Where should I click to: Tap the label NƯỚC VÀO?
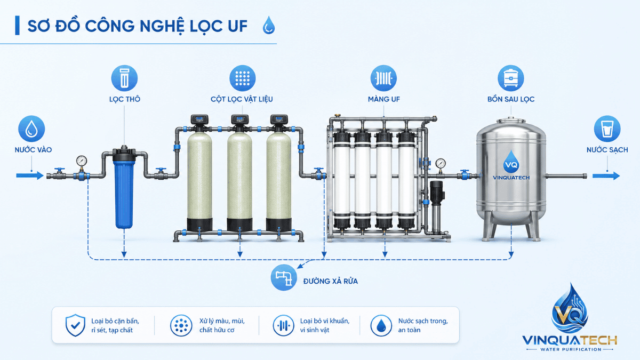point(33,150)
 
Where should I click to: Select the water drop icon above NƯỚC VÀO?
point(31,129)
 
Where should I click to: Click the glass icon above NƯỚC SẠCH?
point(607,129)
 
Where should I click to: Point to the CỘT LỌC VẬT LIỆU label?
point(242,99)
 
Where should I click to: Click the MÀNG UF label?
point(383,99)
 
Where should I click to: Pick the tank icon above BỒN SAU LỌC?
point(511,78)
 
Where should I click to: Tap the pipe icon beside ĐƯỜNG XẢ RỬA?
point(284,277)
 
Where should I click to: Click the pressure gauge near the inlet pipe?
point(82,161)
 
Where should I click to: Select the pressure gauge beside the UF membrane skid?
point(441,164)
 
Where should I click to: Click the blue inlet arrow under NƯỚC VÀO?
point(30,175)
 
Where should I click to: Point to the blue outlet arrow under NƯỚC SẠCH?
point(606,175)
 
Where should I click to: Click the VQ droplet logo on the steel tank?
point(511,162)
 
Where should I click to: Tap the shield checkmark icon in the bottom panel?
point(75,325)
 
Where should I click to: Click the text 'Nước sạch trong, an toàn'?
point(423,325)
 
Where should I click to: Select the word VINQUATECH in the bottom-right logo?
point(570,341)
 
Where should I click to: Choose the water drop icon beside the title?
point(269,25)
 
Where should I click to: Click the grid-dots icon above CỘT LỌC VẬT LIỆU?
point(243,78)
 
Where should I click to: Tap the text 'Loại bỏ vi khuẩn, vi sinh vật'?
point(325,325)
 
